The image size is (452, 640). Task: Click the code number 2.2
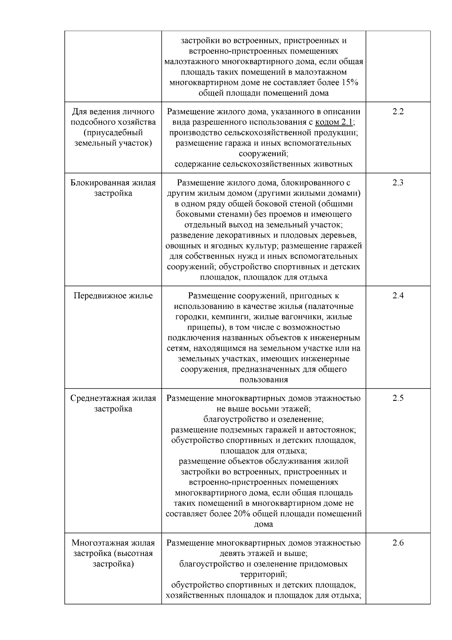click(398, 112)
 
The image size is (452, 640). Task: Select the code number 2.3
click(398, 183)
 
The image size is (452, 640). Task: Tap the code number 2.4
click(398, 296)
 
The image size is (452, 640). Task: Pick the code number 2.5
click(398, 398)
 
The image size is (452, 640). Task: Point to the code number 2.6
click(398, 543)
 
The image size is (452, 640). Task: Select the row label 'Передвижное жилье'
click(113, 296)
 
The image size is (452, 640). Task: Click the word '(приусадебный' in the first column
click(113, 133)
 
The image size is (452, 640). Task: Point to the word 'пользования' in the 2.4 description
click(264, 380)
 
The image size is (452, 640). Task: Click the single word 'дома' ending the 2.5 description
click(264, 524)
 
